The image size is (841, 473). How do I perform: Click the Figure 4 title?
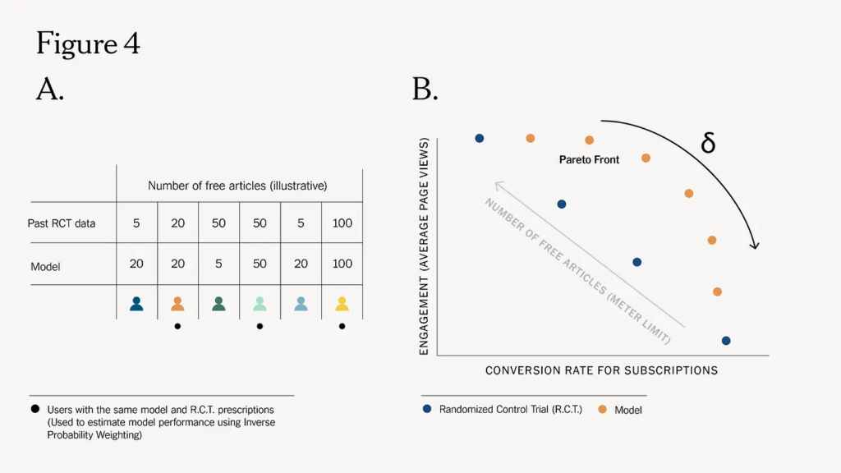(88, 44)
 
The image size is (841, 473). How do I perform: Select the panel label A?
(49, 89)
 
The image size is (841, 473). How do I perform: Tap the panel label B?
(424, 89)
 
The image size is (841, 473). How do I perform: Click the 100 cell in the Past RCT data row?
(342, 223)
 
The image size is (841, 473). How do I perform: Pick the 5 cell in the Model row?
(218, 264)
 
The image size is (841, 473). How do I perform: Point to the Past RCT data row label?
(62, 223)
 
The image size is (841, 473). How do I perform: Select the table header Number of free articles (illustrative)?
(237, 186)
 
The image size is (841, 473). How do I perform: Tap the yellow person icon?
(342, 304)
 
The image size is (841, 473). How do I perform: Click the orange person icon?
(177, 304)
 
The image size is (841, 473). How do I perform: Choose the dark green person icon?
(218, 304)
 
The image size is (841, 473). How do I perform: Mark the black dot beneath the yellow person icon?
(342, 326)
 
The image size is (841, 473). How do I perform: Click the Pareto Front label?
(589, 159)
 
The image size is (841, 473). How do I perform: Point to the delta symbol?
(708, 143)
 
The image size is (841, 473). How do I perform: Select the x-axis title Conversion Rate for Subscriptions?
(601, 370)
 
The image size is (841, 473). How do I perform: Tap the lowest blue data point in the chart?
(725, 341)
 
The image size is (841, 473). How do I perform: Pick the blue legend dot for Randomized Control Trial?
(427, 408)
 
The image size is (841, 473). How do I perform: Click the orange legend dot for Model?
(602, 409)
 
